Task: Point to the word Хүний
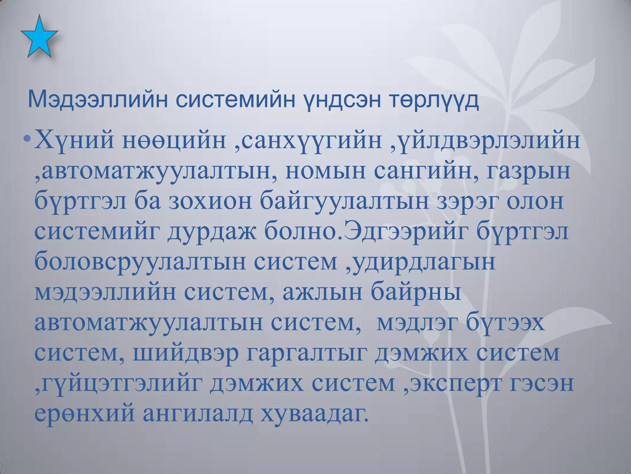click(x=74, y=141)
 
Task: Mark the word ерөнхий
click(x=84, y=414)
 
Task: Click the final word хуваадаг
click(x=314, y=414)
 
